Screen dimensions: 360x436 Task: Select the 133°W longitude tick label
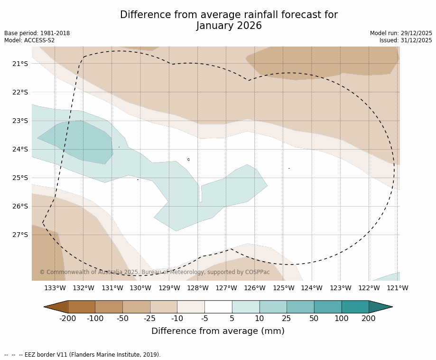tap(55, 288)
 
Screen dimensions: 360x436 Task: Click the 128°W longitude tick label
tap(197, 288)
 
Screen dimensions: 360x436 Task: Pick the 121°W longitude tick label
tap(397, 288)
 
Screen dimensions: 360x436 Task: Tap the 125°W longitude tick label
tap(283, 288)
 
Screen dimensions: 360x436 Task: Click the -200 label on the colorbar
tap(68, 318)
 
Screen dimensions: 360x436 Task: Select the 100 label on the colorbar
tap(341, 318)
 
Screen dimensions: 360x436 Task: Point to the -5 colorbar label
tap(204, 318)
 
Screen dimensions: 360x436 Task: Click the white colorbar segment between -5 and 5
tap(218, 307)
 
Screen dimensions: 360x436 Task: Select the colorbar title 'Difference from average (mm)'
tap(218, 331)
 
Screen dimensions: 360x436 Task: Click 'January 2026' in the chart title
tap(229, 26)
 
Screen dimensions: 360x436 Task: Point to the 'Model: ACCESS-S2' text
tap(29, 40)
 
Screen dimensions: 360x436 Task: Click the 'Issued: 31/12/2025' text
tap(406, 40)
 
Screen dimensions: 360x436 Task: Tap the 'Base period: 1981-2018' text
tap(37, 33)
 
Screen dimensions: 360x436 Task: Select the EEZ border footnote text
tap(83, 355)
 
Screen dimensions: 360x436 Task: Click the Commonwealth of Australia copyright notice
tap(154, 272)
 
